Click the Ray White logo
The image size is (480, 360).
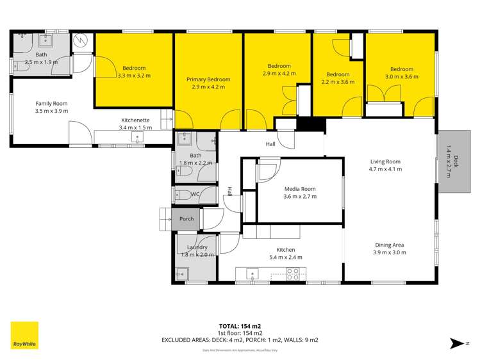[24, 336]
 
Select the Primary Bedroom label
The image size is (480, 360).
[208, 79]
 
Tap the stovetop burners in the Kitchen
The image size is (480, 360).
[292, 274]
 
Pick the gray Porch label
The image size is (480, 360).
[186, 219]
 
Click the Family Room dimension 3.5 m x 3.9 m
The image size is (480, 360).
[51, 111]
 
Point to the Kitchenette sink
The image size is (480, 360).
[137, 138]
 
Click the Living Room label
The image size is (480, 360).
[385, 161]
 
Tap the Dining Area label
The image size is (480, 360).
[390, 245]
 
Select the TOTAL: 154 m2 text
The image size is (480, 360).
[240, 325]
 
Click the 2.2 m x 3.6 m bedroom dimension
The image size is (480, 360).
[338, 82]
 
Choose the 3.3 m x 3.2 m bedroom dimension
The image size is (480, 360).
[134, 76]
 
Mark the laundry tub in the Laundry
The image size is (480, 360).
[181, 274]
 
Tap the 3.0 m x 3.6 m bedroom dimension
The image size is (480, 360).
[402, 77]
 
